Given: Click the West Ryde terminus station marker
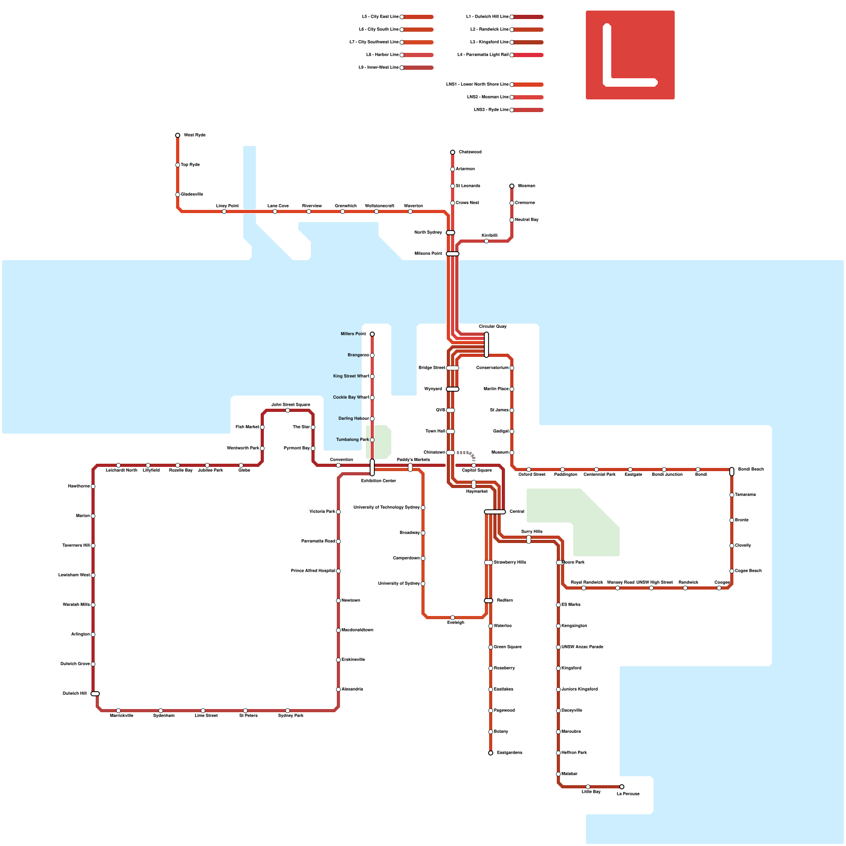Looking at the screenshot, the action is [x=178, y=135].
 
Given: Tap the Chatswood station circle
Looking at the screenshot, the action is [x=453, y=152].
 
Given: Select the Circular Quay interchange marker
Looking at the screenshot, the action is [x=486, y=345].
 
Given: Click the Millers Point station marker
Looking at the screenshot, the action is [x=372, y=334].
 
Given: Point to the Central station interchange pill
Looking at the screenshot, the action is [x=495, y=512].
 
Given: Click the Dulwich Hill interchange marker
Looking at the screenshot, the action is [x=95, y=694].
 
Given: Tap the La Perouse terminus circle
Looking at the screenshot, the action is [x=622, y=787].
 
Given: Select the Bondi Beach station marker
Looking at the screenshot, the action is [x=732, y=471].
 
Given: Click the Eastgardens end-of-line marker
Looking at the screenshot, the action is [x=491, y=753].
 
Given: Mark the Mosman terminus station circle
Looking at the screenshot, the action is [x=512, y=186].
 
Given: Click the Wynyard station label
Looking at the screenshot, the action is [x=433, y=389].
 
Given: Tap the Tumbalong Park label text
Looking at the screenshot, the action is [x=352, y=440].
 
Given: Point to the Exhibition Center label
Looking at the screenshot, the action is [x=379, y=481].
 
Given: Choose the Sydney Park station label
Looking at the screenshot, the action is [x=291, y=716].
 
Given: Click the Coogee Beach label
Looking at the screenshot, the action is [x=748, y=571].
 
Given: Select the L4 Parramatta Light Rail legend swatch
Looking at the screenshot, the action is [x=528, y=55].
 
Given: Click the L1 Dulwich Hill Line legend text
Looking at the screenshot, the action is [x=487, y=17].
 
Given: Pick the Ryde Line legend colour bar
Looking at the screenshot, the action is [x=528, y=110].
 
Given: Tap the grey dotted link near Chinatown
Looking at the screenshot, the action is [x=467, y=454].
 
